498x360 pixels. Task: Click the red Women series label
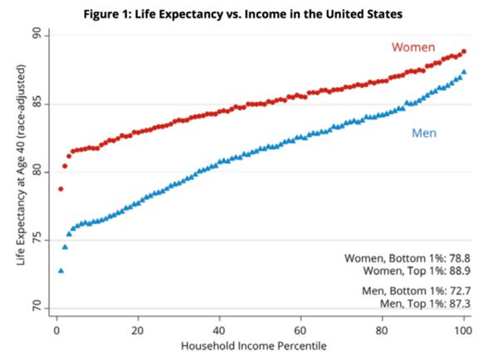coord(413,47)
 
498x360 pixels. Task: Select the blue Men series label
coord(423,133)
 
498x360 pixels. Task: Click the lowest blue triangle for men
coord(61,270)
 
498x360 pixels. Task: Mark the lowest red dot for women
coord(61,189)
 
